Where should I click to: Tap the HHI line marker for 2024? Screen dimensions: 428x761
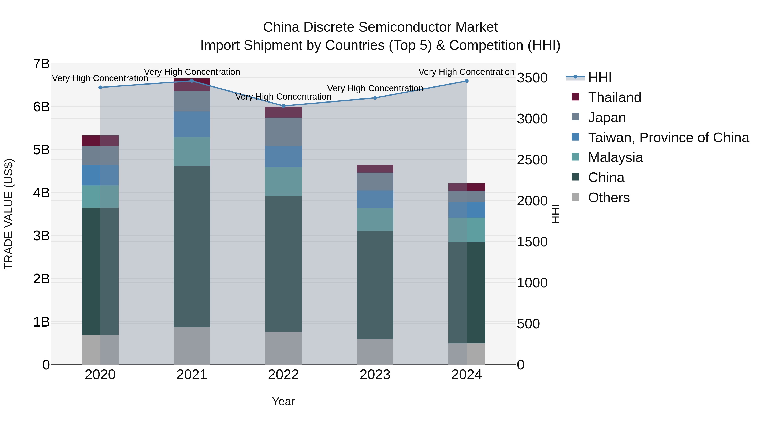(x=467, y=81)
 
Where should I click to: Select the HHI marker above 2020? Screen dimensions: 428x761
(x=100, y=88)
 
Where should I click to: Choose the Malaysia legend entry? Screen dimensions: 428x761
(x=615, y=157)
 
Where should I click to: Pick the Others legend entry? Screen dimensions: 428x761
(x=609, y=198)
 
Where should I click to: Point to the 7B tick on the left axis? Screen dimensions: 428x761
(x=41, y=64)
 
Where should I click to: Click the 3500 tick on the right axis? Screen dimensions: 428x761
(x=532, y=78)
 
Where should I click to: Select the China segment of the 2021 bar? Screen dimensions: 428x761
(x=192, y=246)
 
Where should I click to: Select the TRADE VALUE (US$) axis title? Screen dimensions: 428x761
(x=9, y=214)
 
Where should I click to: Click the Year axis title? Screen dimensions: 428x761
(x=283, y=401)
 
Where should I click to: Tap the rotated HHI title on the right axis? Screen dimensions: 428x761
(x=555, y=214)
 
